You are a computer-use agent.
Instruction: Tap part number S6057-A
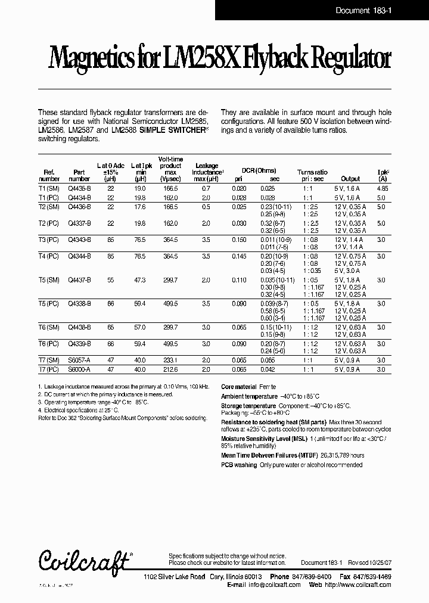click(x=79, y=360)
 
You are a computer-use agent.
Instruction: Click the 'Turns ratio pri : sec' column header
click(x=313, y=175)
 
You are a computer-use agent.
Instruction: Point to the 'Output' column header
click(x=350, y=178)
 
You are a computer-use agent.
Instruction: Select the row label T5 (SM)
click(x=48, y=279)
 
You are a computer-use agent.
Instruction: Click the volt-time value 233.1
click(x=170, y=360)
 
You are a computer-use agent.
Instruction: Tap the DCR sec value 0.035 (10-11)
click(x=277, y=279)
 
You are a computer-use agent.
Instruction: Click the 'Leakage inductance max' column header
click(x=207, y=172)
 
